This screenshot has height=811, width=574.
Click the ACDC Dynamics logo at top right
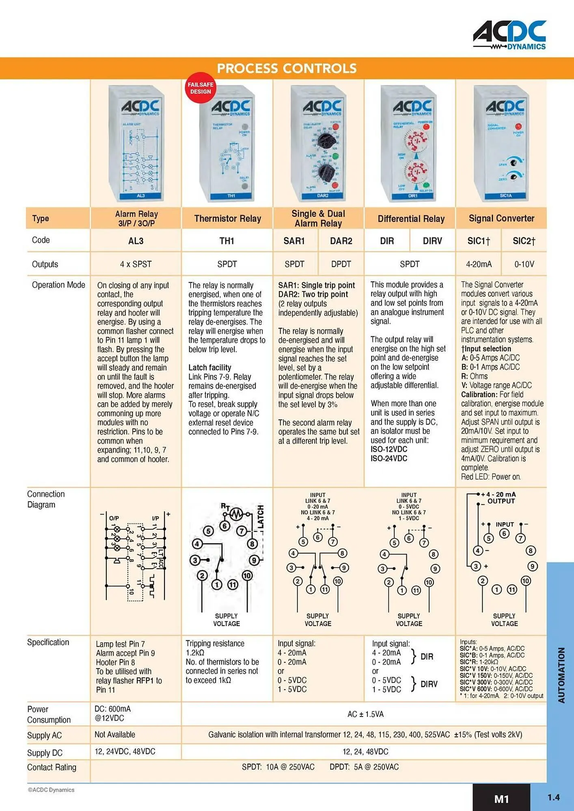[x=509, y=36]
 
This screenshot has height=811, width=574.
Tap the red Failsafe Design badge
[x=201, y=88]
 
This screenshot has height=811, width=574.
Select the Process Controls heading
[x=287, y=68]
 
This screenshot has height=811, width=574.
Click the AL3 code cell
[x=136, y=241]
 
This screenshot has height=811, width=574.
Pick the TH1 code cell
[x=227, y=241]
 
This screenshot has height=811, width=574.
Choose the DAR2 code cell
[x=341, y=241]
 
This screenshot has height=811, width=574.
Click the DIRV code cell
[x=432, y=241]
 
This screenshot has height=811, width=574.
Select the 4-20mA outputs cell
[x=479, y=264]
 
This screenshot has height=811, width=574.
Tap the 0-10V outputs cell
[x=524, y=264]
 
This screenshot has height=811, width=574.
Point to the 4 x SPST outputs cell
[x=136, y=264]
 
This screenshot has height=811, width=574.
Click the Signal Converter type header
[x=501, y=218]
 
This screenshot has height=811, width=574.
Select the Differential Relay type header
[x=411, y=219]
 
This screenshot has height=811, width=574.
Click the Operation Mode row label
[x=58, y=285]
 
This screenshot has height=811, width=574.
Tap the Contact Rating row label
[x=52, y=767]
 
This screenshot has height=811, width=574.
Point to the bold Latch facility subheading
[x=210, y=367]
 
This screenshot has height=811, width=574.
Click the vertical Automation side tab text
[x=561, y=675]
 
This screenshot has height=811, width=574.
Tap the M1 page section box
[x=501, y=798]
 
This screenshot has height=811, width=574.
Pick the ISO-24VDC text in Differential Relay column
[x=388, y=458]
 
